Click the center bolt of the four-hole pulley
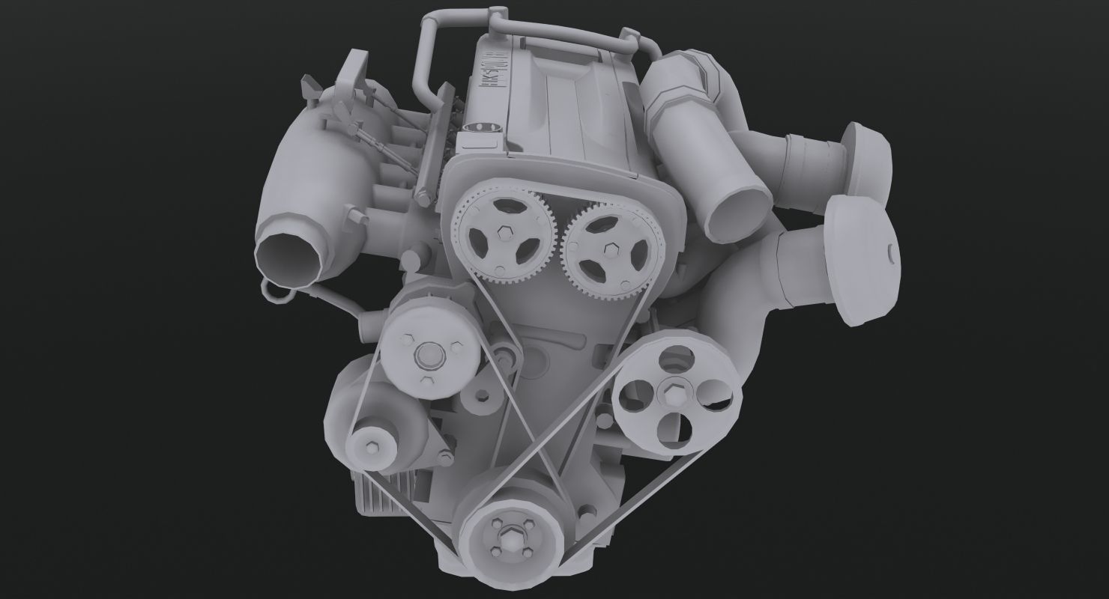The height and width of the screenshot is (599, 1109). pyautogui.click(x=669, y=392)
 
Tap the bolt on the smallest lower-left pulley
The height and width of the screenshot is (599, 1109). pyautogui.click(x=372, y=449)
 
